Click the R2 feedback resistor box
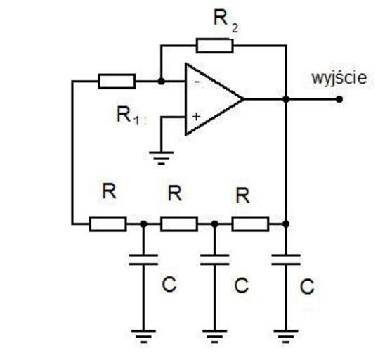[214, 46]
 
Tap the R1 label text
[129, 115]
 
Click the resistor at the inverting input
[117, 81]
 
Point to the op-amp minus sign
[197, 82]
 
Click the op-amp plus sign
[197, 116]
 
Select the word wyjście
[339, 79]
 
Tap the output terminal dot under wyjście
[339, 99]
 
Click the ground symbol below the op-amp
[162, 157]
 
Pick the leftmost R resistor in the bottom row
[108, 224]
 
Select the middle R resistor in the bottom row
[179, 224]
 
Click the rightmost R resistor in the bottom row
[250, 224]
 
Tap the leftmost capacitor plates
[143, 259]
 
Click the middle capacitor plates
[214, 259]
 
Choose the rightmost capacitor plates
[286, 259]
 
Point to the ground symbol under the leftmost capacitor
[143, 336]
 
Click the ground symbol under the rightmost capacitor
[286, 336]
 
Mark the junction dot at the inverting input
[161, 81]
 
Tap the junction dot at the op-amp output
[286, 99]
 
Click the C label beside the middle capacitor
[242, 285]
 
